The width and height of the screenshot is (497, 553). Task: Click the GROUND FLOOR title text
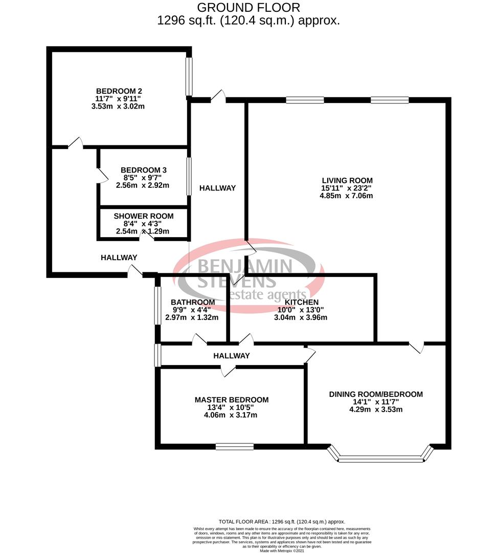(248, 8)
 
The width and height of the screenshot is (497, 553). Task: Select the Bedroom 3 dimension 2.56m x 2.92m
(144, 185)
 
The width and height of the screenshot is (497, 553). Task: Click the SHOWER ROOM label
(144, 216)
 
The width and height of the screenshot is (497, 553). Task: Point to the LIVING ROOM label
(347, 180)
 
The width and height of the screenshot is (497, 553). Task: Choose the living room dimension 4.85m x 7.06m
(347, 196)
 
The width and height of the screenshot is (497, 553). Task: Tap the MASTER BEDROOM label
(232, 399)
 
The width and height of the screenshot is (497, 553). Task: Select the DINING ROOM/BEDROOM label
(376, 394)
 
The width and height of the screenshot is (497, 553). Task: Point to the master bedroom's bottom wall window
(235, 446)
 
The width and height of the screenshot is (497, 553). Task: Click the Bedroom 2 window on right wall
(189, 76)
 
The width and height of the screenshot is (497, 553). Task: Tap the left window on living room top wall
(305, 100)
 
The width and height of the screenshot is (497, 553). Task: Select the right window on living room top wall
(390, 100)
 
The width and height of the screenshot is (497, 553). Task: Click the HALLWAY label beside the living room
(218, 188)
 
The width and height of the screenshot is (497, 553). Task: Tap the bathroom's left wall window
(158, 305)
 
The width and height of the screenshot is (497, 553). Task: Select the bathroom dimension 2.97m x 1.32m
(192, 317)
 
